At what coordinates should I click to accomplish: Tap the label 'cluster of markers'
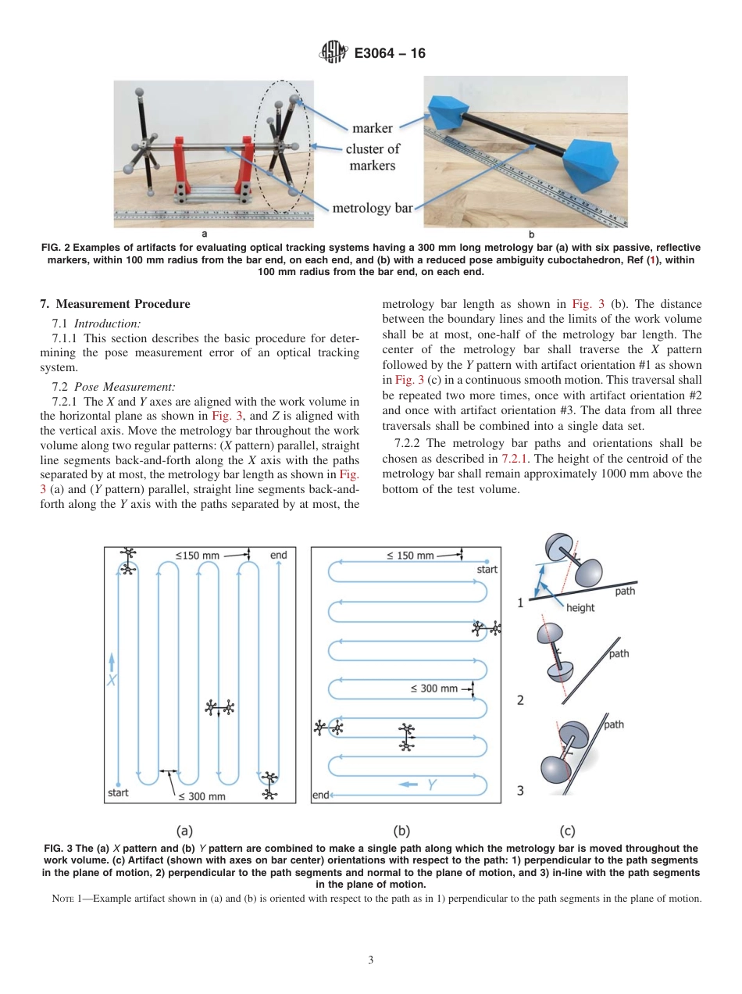373,157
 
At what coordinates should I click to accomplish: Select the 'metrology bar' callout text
372,208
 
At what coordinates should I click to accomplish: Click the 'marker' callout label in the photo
372,127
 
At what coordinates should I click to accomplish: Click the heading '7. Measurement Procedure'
115,304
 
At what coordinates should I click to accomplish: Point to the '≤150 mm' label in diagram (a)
198,556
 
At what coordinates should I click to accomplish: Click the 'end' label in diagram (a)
278,555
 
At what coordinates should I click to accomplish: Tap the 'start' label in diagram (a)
117,792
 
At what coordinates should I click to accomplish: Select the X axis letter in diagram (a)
112,681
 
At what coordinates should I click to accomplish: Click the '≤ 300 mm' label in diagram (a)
202,796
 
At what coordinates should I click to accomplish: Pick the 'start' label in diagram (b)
487,569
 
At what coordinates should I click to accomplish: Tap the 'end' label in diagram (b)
320,796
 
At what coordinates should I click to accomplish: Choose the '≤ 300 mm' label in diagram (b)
434,688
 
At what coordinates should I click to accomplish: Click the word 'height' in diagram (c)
580,607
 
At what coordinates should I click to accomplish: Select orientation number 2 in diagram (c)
520,700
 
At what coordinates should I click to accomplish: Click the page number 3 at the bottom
371,960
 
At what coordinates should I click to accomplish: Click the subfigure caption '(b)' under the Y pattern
401,831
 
